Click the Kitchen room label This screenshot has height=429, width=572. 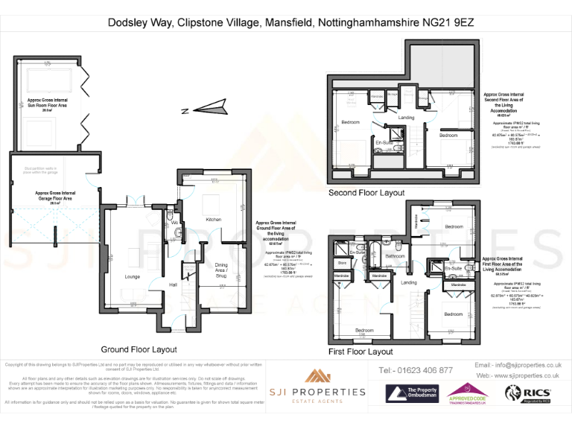click(x=214, y=220)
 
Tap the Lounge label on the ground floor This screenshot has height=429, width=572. click(x=133, y=276)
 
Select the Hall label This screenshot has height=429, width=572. click(x=173, y=285)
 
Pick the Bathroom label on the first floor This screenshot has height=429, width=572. click(x=395, y=256)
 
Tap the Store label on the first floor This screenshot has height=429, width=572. click(x=343, y=263)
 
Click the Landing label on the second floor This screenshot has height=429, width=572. click(x=406, y=118)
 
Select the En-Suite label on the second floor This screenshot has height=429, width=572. click(x=384, y=142)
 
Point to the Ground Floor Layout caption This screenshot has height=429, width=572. click(x=139, y=349)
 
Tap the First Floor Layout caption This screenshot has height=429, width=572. click(x=360, y=351)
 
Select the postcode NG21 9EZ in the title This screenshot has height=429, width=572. click(x=448, y=23)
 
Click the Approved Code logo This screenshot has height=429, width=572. click(x=468, y=393)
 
